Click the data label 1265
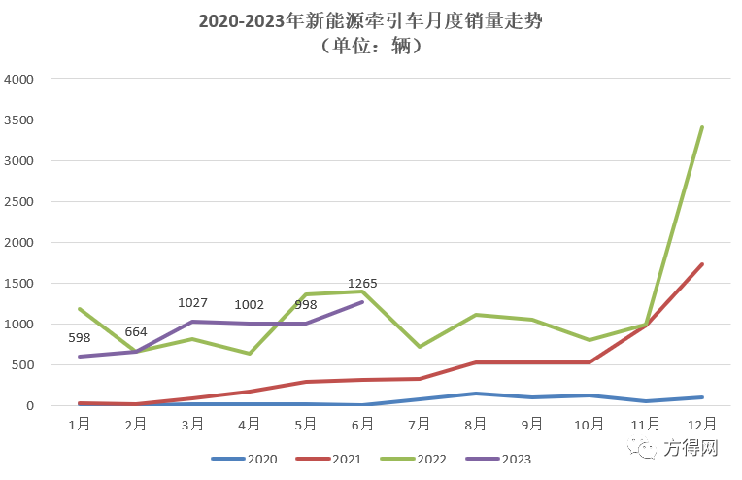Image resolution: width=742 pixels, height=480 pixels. click(362, 284)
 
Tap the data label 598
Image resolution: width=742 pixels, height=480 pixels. click(80, 338)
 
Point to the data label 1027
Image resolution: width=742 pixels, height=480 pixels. click(192, 303)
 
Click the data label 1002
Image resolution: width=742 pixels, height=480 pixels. click(250, 304)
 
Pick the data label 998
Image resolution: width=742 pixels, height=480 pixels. click(306, 304)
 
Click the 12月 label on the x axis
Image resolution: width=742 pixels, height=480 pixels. click(702, 424)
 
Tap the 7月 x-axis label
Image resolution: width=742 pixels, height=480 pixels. click(420, 424)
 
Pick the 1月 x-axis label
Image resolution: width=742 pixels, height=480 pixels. click(80, 424)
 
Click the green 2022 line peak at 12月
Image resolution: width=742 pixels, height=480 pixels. click(702, 127)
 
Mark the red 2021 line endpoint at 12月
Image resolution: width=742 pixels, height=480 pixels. click(702, 264)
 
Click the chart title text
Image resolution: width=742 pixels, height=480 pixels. click(370, 21)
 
